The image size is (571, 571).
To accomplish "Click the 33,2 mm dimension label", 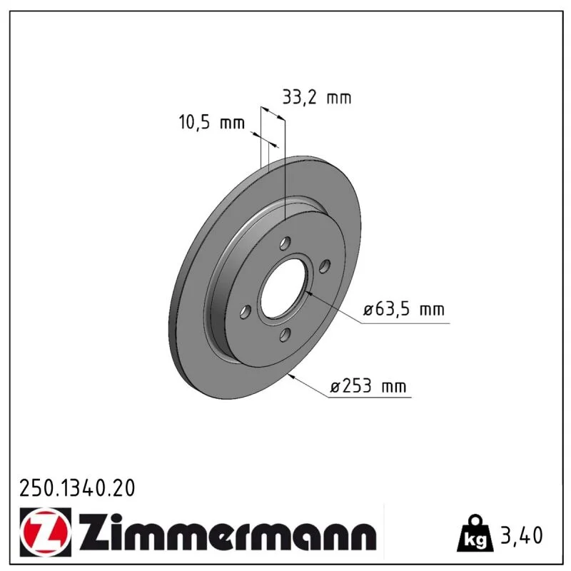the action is pos(317,98).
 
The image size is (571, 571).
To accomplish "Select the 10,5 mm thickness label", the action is pos(211,122).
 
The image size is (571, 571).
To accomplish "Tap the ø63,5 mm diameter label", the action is pos(404,309).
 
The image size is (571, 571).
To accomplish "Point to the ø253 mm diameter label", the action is pos(368,385).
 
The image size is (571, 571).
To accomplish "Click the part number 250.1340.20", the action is pos(77,488).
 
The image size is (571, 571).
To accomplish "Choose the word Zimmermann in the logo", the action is pos(227,532).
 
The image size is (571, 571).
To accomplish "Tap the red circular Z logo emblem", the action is pos(45,532).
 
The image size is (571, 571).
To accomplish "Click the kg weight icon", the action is pos(475,533).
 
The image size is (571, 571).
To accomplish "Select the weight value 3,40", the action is pos(522,535).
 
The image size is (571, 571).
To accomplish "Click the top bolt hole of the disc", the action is pos(285,243).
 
